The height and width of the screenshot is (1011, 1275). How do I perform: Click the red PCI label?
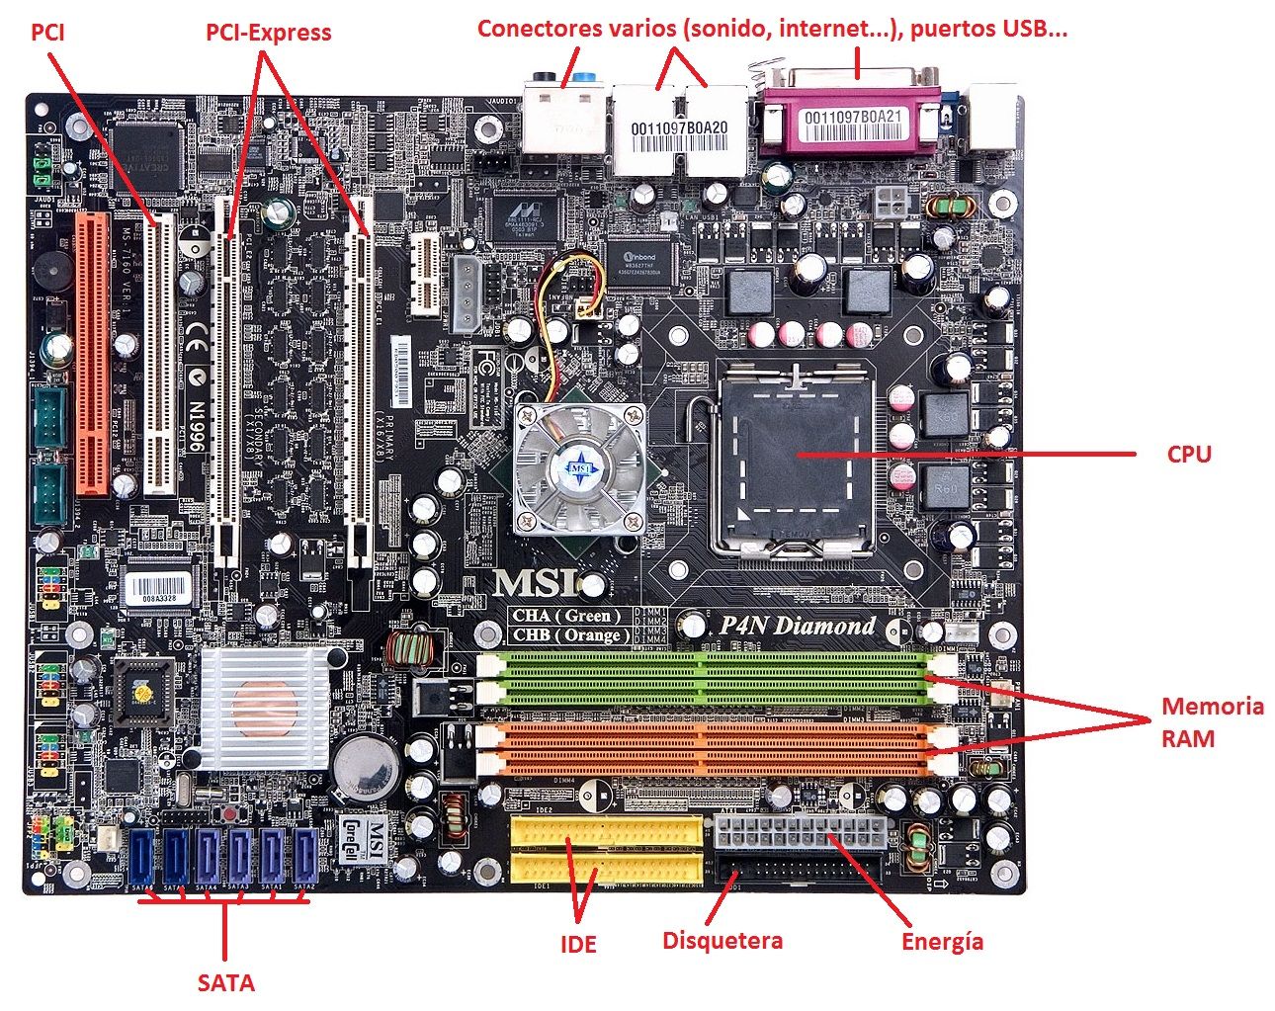tap(47, 32)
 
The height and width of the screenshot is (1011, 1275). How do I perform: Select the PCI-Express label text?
tap(268, 32)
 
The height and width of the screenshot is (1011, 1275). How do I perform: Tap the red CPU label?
tap(1188, 454)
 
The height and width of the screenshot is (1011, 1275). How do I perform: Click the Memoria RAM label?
tap(1212, 721)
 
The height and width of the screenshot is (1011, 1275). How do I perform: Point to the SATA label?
tap(225, 982)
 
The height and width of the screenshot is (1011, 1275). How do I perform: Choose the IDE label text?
tap(578, 944)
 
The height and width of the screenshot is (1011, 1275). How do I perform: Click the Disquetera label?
tap(722, 940)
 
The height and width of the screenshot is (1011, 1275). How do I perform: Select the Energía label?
tap(942, 941)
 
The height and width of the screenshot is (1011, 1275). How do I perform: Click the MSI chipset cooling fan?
tap(579, 467)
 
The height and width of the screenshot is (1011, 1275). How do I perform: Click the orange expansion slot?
tap(94, 356)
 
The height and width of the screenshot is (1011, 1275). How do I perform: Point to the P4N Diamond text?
tap(797, 626)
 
